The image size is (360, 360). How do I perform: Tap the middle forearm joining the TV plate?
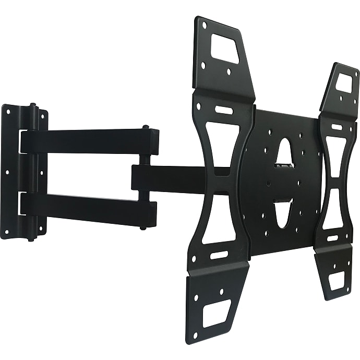click(x=172, y=178)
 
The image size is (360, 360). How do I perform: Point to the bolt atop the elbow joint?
click(x=145, y=127)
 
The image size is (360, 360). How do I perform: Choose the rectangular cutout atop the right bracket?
click(x=344, y=83)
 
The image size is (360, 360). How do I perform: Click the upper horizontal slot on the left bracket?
click(x=224, y=111)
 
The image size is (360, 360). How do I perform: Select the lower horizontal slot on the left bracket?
click(x=219, y=256)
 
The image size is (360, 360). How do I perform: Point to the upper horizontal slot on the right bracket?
click(x=337, y=127)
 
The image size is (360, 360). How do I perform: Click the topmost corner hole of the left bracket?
click(x=204, y=25)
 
